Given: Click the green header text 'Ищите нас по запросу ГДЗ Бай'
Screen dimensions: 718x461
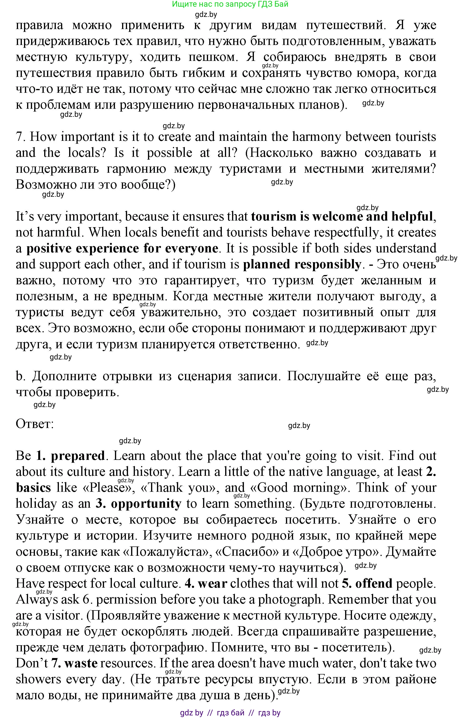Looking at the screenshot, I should pyautogui.click(x=230, y=4).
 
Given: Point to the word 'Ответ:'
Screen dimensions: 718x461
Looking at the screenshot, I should pyautogui.click(x=35, y=424).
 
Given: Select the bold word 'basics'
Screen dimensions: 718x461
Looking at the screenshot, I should pyautogui.click(x=33, y=488).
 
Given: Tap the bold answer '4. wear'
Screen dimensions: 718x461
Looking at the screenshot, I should pyautogui.click(x=206, y=583).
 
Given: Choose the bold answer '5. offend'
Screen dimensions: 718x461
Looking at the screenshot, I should pyautogui.click(x=367, y=583).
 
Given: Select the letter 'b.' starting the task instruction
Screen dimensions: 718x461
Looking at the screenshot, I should pyautogui.click(x=19, y=376).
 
